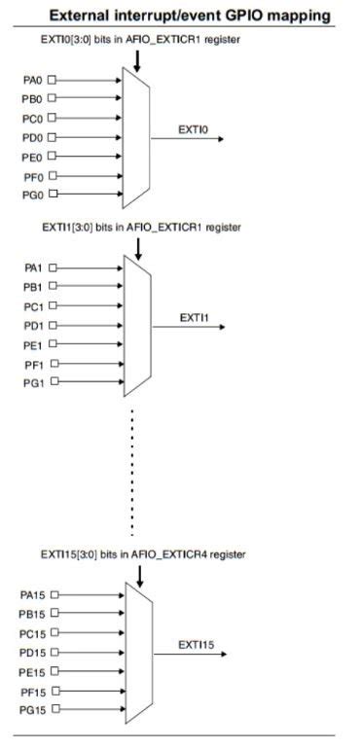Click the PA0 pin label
(33, 79)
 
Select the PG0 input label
(33, 196)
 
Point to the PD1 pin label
(33, 325)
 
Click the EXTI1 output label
(193, 317)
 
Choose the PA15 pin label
(33, 593)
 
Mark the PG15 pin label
(33, 710)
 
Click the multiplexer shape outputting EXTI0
(137, 137)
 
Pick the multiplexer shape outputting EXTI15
(138, 652)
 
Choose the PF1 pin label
(33, 364)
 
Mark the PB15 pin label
(33, 613)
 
